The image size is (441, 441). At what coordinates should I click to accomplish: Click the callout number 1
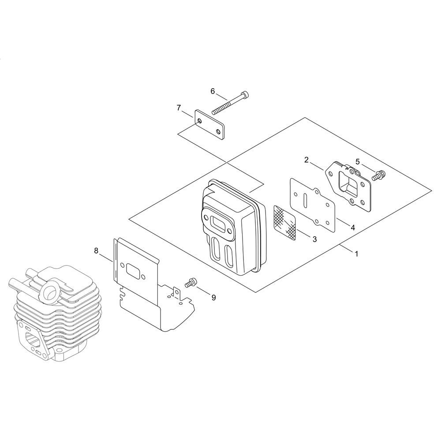356,254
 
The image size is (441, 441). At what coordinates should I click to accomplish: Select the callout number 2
306,160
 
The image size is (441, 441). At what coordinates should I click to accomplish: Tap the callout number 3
315,239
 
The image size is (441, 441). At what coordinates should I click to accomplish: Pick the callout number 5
358,161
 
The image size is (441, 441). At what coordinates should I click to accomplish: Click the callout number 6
213,91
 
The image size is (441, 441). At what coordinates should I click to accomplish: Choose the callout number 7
179,108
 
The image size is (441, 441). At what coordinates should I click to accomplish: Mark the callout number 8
96,250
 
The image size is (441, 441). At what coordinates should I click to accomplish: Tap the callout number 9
213,298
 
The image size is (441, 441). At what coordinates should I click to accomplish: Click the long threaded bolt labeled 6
231,103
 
